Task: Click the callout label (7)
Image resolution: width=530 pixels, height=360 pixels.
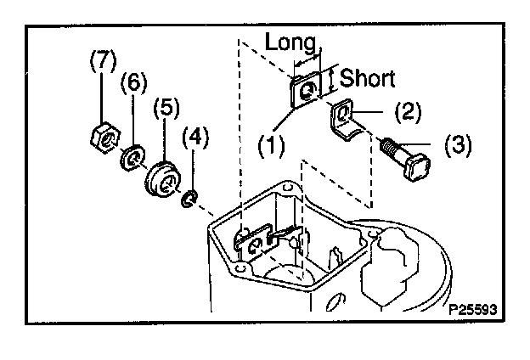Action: point(103,59)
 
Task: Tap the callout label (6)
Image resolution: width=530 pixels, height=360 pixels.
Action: point(134,82)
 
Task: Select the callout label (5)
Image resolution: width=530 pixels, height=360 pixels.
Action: point(166,108)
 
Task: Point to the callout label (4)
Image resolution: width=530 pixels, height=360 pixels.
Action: point(195,138)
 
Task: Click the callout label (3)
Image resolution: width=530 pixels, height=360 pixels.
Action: point(458,144)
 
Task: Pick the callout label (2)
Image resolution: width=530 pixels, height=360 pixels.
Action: point(408,111)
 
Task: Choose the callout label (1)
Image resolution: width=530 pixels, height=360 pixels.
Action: point(272,146)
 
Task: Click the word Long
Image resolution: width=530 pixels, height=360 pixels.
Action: point(290,42)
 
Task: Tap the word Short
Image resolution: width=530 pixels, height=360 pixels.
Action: point(368,78)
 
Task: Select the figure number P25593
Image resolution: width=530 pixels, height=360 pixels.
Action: point(473,309)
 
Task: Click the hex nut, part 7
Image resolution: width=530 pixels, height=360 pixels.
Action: point(105,138)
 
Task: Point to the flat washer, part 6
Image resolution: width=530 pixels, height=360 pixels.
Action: point(132,157)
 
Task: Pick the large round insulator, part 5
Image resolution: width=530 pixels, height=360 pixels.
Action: point(162,179)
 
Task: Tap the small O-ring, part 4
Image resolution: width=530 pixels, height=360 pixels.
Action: point(189,199)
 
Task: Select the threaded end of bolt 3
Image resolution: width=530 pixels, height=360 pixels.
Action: point(390,146)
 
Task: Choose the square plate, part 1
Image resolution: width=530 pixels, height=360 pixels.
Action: point(304,90)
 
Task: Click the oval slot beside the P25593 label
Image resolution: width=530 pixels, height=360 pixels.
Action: point(336,302)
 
